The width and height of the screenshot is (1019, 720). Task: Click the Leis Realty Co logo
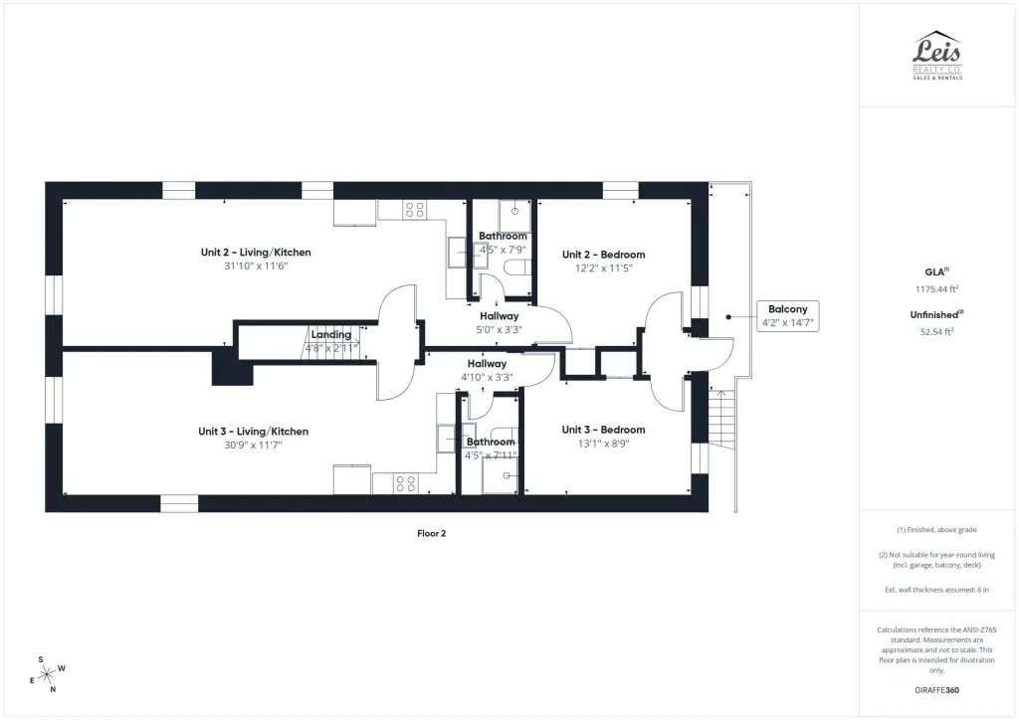(937, 55)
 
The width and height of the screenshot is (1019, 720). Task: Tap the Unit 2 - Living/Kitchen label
(256, 253)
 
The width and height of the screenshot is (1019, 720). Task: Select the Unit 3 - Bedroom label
(603, 430)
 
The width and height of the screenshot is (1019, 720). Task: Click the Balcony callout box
(788, 316)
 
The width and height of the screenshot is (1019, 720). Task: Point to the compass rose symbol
(47, 675)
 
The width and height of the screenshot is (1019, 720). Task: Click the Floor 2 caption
(432, 534)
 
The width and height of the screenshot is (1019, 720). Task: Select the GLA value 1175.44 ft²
(936, 289)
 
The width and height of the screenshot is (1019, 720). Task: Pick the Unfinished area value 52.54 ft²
(936, 332)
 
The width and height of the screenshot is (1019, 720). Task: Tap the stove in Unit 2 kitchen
(414, 209)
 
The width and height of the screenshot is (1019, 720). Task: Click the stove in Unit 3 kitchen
(406, 483)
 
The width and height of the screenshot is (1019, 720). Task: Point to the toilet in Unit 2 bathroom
(517, 268)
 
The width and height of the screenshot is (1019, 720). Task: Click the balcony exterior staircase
(721, 419)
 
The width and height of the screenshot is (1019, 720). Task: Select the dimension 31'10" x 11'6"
(256, 267)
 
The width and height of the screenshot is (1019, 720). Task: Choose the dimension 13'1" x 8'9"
(604, 445)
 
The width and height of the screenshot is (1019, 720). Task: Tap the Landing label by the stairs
(330, 334)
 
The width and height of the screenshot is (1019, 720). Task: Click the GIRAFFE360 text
(936, 690)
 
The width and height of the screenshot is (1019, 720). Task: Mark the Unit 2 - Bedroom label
(604, 255)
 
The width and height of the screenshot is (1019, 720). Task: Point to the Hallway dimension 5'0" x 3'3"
(500, 330)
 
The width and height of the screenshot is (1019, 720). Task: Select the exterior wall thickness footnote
(936, 590)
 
